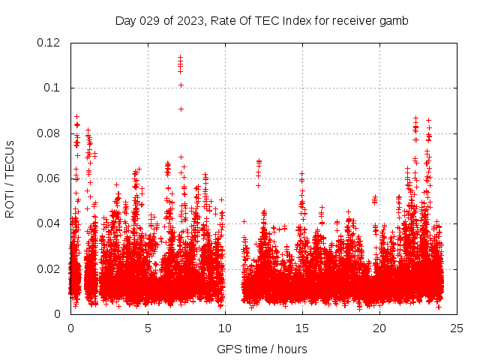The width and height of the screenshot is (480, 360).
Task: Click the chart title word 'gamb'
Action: click(394, 21)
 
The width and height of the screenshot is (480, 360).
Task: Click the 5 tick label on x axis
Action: click(148, 328)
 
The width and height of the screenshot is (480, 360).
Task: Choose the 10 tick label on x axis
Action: click(225, 328)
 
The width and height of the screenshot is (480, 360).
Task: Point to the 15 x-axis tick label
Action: click(302, 328)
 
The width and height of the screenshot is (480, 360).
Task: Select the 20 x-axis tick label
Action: click(379, 328)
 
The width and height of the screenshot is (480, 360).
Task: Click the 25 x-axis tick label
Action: click(457, 328)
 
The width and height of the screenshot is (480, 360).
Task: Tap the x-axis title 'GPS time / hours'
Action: click(262, 349)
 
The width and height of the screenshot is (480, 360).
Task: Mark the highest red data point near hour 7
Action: click(180, 57)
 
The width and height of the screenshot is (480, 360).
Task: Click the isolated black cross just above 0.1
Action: click(181, 85)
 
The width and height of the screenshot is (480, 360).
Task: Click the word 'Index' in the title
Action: click(297, 21)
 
